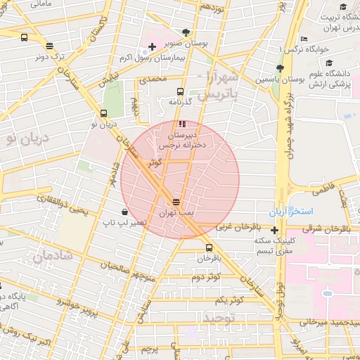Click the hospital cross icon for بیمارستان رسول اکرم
pos(152,46)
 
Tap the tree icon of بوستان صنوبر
pos(186,32)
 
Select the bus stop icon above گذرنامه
pos(181,91)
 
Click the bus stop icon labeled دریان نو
pos(103,113)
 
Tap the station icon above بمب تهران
pos(175,201)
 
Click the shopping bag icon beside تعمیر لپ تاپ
pos(124,212)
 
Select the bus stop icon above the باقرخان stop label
pos(209,247)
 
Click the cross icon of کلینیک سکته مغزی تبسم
pos(274,230)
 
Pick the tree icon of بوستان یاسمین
pos(280,68)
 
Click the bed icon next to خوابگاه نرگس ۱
pos(303,39)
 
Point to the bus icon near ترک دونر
pos(25,39)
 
